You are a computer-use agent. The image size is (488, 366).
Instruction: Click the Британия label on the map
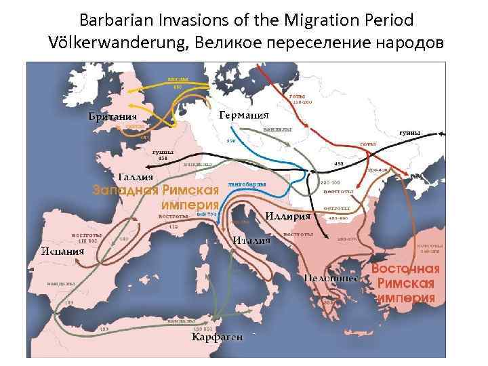tap(112, 116)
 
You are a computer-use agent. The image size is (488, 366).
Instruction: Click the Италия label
tap(251, 240)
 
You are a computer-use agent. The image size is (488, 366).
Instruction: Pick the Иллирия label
tap(287, 216)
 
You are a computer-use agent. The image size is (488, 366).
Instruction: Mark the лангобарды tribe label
tap(247, 183)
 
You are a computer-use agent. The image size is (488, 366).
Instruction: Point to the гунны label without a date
tap(409, 132)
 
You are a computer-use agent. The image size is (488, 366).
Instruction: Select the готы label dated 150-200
tap(298, 97)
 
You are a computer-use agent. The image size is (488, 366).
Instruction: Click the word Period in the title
tap(388, 18)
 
